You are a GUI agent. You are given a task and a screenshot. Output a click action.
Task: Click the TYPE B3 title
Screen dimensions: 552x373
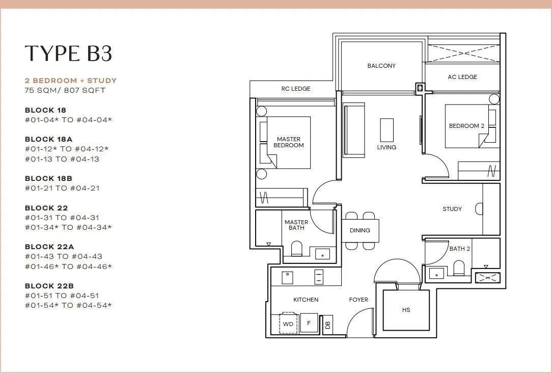(x=69, y=54)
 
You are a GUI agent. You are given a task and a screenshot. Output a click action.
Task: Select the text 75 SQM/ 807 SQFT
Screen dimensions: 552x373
(x=65, y=91)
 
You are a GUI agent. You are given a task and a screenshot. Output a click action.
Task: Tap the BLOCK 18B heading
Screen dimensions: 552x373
(x=48, y=178)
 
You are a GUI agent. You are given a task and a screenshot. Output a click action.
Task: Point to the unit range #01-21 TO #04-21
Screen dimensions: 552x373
(x=62, y=189)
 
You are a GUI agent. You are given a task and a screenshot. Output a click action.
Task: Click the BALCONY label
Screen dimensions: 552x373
(x=381, y=66)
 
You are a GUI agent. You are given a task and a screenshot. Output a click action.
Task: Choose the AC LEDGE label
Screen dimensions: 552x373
(x=462, y=77)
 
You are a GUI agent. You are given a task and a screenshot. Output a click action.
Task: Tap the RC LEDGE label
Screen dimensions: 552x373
(x=296, y=89)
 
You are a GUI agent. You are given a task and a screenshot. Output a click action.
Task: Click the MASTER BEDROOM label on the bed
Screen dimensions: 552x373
(x=289, y=142)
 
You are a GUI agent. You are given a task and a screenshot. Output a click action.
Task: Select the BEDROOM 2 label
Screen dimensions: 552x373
(x=466, y=126)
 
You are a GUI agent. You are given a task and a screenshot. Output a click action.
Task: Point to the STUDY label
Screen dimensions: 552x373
(x=452, y=209)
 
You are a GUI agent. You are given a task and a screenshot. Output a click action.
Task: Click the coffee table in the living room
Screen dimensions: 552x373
(x=387, y=130)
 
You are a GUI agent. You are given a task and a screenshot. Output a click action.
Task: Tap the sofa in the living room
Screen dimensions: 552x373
(x=354, y=130)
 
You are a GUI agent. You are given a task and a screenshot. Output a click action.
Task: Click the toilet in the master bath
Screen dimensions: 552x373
(x=297, y=248)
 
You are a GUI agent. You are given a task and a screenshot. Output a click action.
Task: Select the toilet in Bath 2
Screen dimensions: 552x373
(x=459, y=268)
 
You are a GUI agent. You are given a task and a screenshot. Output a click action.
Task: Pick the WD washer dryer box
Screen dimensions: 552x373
(x=288, y=323)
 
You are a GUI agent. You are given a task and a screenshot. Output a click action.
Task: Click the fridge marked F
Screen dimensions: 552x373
(x=309, y=323)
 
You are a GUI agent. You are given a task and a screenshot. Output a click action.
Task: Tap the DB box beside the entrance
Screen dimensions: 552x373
(x=328, y=325)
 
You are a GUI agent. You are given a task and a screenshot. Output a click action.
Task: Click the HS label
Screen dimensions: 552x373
(x=406, y=310)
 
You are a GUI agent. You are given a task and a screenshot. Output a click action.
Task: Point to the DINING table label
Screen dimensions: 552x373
(x=360, y=230)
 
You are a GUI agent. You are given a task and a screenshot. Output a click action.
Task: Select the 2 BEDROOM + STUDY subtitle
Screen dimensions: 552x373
(x=71, y=81)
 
